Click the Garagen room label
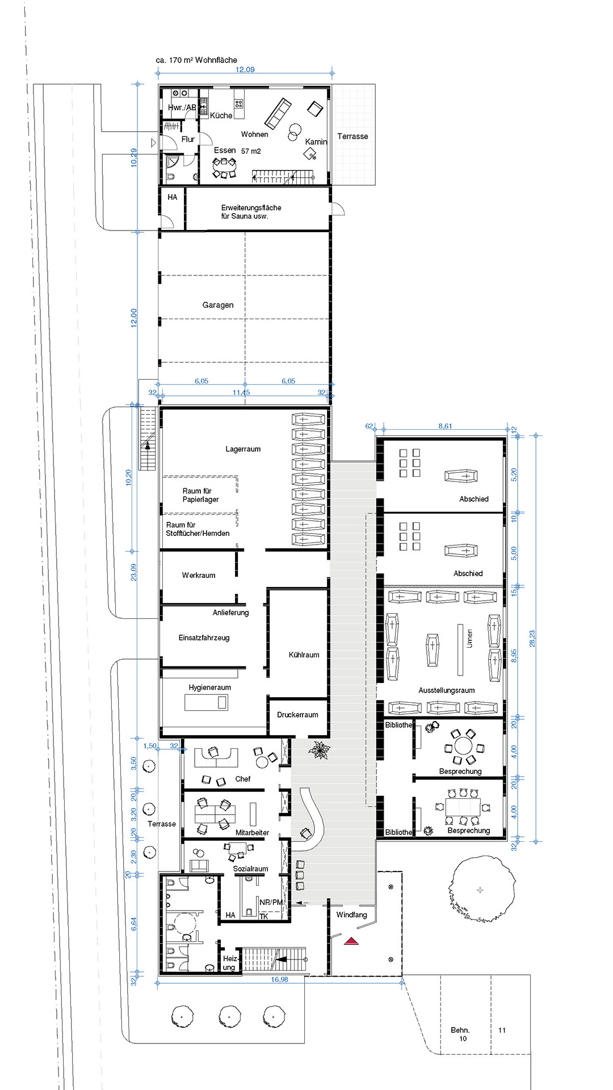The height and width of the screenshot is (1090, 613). [x=218, y=305]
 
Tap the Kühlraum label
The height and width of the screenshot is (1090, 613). [x=304, y=655]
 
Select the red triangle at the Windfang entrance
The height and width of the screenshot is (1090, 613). [x=352, y=941]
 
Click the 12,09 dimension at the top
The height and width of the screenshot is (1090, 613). [x=245, y=69]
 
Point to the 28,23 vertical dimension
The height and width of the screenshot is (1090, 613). [x=532, y=639]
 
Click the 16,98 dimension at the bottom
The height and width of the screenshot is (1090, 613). [x=279, y=979]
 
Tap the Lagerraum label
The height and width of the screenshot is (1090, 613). [x=243, y=449]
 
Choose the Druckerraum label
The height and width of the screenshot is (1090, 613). [x=297, y=715]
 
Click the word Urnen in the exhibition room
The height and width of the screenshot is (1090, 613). [x=469, y=638]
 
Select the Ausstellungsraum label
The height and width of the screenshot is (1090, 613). [x=447, y=690]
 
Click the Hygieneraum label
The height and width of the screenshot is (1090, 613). [x=210, y=687]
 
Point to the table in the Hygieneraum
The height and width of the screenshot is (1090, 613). [x=206, y=703]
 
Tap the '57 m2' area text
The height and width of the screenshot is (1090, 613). [x=251, y=151]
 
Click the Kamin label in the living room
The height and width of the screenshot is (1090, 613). [x=316, y=142]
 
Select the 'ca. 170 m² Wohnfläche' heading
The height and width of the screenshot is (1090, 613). [x=196, y=60]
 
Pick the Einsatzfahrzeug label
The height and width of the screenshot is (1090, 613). [x=204, y=638]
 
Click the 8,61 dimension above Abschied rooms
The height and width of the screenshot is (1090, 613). [x=445, y=426]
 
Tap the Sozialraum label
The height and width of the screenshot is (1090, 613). [x=250, y=869]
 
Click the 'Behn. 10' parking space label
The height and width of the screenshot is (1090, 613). [x=460, y=1034]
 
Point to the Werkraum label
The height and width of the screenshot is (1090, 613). [x=199, y=575]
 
